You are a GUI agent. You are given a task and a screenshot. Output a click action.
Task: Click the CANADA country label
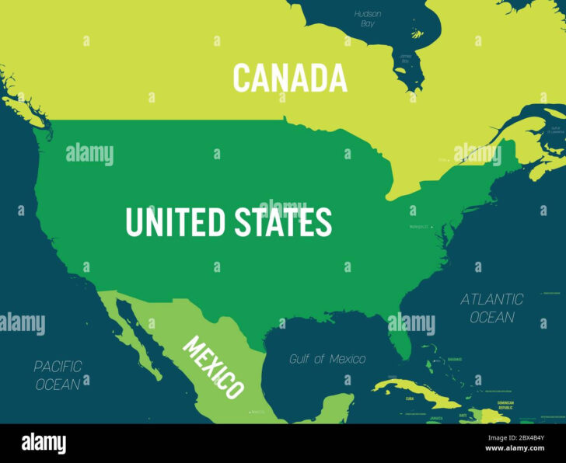tap(290, 78)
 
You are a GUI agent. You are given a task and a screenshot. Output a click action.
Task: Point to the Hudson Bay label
tap(367, 19)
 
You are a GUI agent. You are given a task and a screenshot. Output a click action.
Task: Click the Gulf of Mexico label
tap(327, 359)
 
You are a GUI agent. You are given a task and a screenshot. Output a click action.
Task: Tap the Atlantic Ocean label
tap(492, 308)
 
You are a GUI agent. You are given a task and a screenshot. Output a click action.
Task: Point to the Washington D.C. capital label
tap(420, 227)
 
